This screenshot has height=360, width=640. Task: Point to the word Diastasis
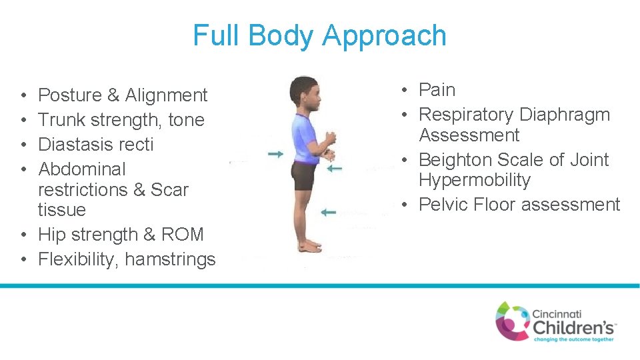(x=74, y=145)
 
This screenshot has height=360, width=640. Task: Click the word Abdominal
(x=82, y=169)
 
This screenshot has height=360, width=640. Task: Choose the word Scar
(x=169, y=190)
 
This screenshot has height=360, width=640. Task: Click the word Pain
(x=437, y=90)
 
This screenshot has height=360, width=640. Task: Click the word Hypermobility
(x=475, y=180)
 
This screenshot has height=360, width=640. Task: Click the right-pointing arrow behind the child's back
(x=275, y=154)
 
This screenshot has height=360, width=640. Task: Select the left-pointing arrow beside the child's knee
(x=327, y=212)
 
